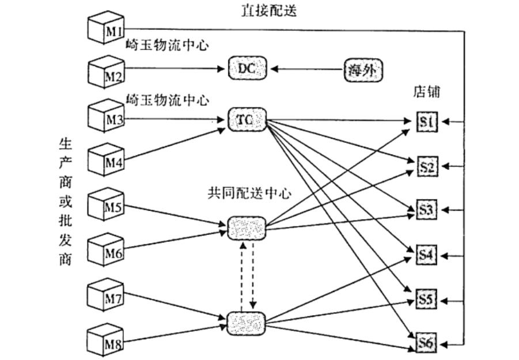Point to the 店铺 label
pyautogui.click(x=427, y=92)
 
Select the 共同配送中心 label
pyautogui.click(x=248, y=193)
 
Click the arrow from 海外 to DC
pyautogui.click(x=308, y=69)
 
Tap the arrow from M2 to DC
pyautogui.click(x=173, y=69)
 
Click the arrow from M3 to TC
pyautogui.click(x=173, y=120)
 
